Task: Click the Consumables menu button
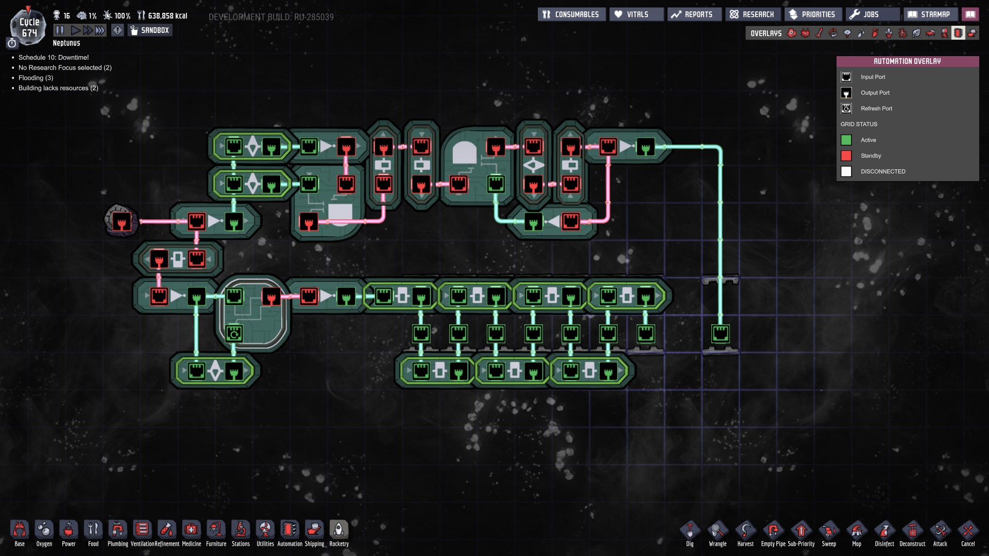[x=571, y=14]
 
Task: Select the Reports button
[x=693, y=14]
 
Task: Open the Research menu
[x=752, y=14]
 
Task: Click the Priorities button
[x=812, y=14]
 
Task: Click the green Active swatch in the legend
[x=846, y=140]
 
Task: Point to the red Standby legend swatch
[x=846, y=155]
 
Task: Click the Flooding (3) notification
[x=36, y=78]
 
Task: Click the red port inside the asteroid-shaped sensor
[x=122, y=222]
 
